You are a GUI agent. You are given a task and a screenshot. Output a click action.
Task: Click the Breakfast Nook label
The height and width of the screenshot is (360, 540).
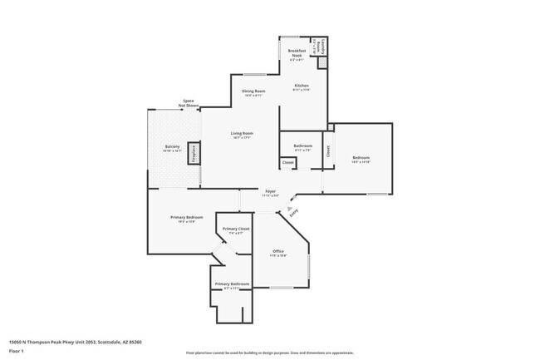tap(296, 53)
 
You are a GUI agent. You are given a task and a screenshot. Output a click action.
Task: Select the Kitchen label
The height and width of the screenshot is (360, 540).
tap(301, 86)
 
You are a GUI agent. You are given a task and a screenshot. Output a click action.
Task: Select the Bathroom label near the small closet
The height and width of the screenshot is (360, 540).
tap(302, 146)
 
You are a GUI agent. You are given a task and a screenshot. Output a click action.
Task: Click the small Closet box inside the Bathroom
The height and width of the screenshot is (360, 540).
tap(288, 161)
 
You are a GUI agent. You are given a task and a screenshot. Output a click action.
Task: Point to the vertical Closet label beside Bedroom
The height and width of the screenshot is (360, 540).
tap(328, 152)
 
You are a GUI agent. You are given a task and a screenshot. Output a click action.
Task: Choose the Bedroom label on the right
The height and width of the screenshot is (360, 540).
tap(361, 158)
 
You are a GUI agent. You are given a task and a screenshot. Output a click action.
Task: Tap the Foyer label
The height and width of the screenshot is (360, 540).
tap(270, 192)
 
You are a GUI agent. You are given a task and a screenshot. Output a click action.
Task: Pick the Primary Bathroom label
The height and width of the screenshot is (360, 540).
tap(232, 284)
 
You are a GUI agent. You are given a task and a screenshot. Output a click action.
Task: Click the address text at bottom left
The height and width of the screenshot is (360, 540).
tap(76, 342)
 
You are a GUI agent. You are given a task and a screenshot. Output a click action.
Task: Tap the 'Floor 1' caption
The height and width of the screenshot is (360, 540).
tap(17, 352)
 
